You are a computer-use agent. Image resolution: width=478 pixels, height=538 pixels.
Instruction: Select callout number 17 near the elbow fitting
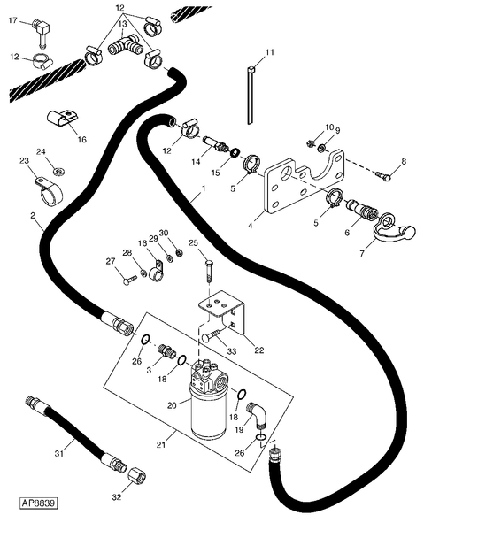tap(12, 20)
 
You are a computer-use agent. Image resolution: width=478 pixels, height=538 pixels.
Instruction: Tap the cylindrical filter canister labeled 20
tap(209, 411)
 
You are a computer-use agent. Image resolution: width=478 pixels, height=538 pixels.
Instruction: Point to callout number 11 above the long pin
tap(270, 52)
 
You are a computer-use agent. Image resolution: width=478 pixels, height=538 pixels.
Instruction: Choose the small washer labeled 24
tap(58, 170)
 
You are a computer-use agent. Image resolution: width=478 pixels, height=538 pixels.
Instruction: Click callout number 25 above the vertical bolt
tap(194, 242)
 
